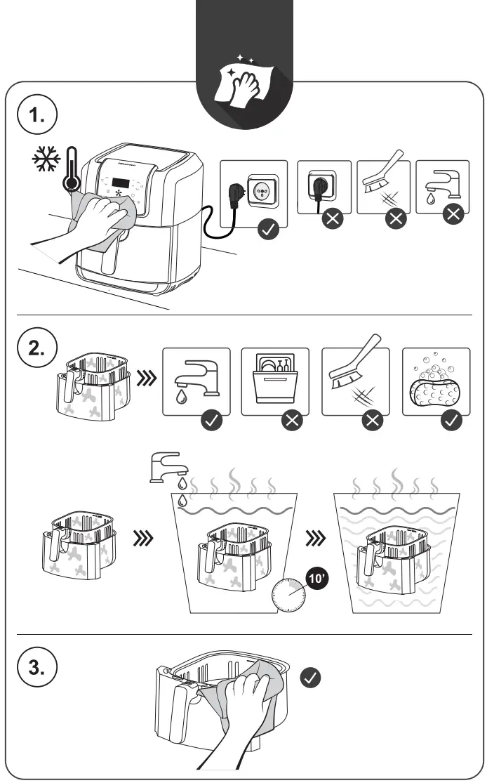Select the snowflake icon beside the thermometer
click(x=46, y=160)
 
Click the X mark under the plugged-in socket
click(x=332, y=218)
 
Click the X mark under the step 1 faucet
click(x=454, y=214)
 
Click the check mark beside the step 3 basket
click(x=311, y=677)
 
